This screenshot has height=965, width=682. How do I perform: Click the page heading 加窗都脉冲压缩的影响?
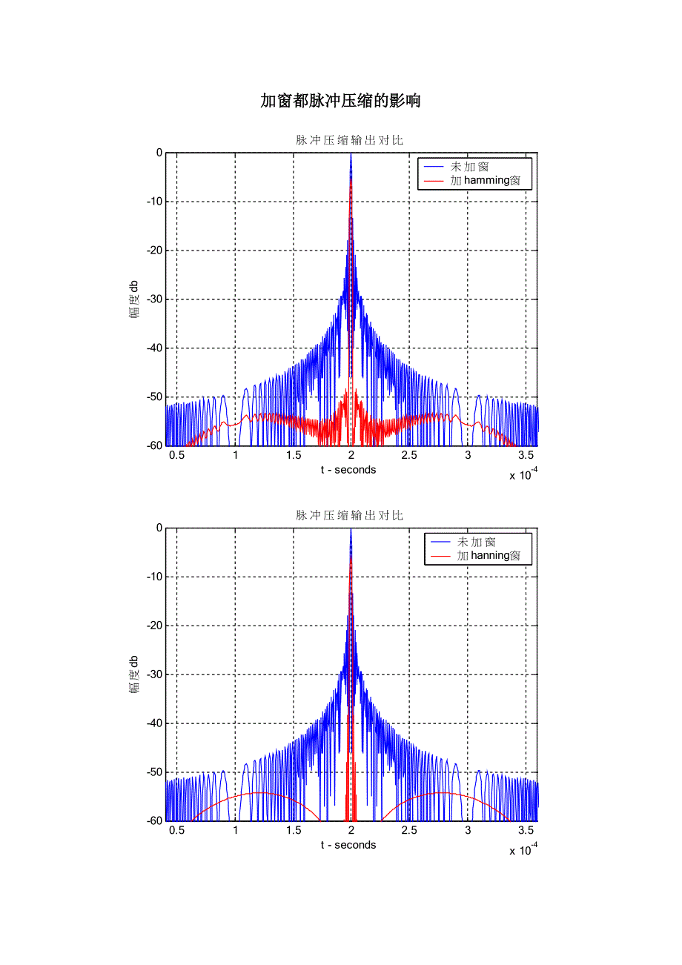[x=340, y=101]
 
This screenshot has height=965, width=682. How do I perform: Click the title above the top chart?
[x=349, y=140]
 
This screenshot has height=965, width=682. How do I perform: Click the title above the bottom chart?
[x=349, y=515]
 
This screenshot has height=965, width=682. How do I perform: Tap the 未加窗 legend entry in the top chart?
[x=469, y=167]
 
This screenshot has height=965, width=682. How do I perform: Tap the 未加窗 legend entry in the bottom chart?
[x=476, y=542]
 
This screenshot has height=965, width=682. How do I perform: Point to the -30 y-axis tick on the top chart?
[x=153, y=299]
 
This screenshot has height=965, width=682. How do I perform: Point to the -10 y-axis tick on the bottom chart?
[x=153, y=577]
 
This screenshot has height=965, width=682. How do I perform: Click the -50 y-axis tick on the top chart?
[x=153, y=397]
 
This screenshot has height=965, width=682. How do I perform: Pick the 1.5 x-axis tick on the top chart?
[x=294, y=455]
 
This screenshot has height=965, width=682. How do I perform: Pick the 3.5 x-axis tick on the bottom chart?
[x=526, y=830]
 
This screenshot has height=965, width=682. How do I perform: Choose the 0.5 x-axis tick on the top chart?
[x=176, y=455]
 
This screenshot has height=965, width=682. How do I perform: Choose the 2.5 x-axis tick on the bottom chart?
[x=409, y=830]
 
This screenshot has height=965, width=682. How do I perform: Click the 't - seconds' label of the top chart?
[x=348, y=470]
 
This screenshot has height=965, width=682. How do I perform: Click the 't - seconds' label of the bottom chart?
[x=348, y=845]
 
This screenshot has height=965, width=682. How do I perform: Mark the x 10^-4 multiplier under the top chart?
[x=523, y=475]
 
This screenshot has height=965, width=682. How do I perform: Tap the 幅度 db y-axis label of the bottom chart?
[x=134, y=674]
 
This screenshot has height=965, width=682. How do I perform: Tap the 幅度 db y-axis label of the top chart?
[x=134, y=299]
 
